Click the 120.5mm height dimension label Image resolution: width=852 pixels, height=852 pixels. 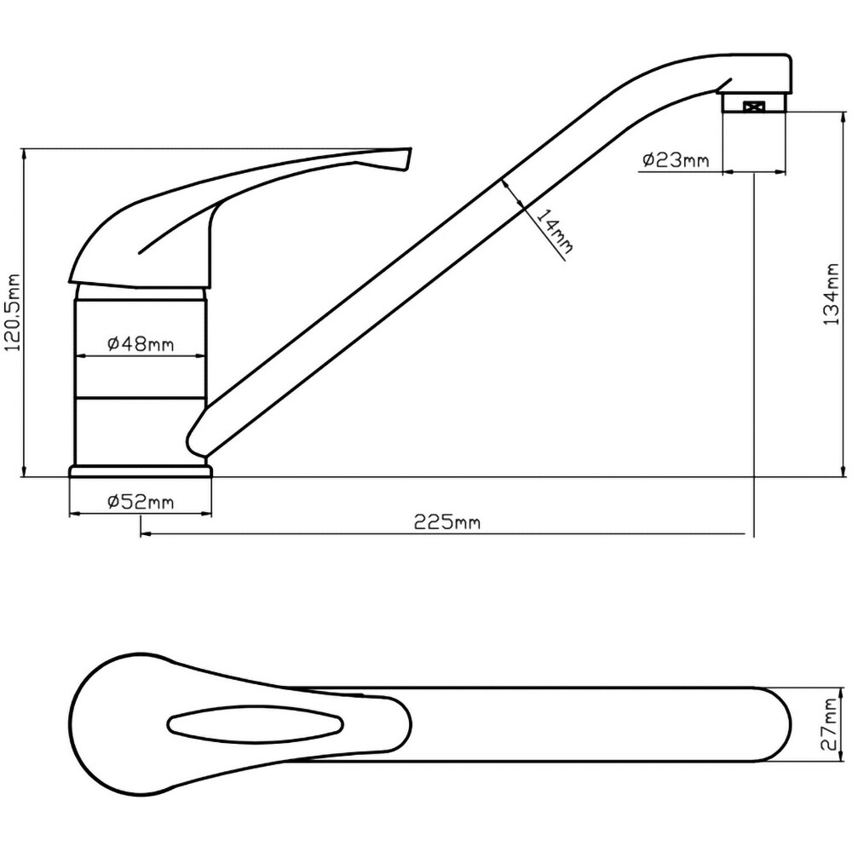(12, 312)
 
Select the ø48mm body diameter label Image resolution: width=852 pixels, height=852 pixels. (141, 344)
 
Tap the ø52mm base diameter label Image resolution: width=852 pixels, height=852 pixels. (141, 502)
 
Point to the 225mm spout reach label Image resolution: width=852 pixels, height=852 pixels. (447, 522)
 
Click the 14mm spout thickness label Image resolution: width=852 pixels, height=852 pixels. (555, 231)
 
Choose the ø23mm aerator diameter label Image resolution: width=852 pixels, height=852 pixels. (676, 160)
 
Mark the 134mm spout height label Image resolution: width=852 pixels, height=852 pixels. (832, 294)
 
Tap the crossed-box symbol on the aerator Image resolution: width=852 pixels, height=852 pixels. (754, 107)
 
